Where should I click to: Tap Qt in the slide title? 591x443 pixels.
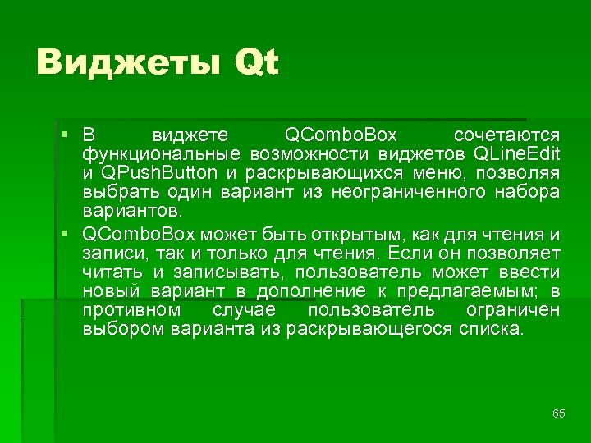[256, 63]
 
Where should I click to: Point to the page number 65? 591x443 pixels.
[559, 413]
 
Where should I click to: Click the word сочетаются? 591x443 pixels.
[506, 135]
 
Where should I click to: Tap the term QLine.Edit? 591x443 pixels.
[517, 153]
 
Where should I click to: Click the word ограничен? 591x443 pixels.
[512, 311]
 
